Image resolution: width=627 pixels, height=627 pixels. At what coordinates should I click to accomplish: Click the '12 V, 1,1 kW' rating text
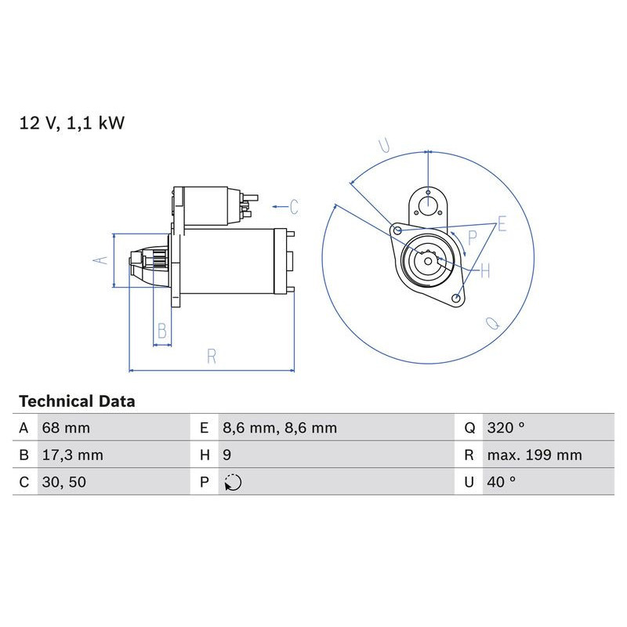(x=72, y=123)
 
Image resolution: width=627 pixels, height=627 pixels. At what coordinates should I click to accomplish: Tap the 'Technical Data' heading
(x=77, y=401)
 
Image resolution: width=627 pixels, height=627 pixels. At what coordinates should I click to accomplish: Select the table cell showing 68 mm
(x=66, y=428)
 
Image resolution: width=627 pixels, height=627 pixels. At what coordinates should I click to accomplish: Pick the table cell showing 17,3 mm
(x=71, y=455)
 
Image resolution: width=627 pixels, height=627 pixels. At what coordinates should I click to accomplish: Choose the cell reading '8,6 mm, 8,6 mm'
(x=279, y=428)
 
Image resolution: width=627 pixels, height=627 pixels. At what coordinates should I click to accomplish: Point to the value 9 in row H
(x=227, y=455)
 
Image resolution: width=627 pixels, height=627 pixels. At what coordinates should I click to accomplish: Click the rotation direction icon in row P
(x=233, y=483)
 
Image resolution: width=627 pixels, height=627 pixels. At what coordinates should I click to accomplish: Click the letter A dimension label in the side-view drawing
(x=100, y=260)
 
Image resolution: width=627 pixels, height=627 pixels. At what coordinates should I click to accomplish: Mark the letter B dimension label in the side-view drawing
(x=162, y=331)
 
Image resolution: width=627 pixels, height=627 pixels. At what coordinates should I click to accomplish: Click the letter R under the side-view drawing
(x=212, y=356)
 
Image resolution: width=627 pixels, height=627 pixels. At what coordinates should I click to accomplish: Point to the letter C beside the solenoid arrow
(x=294, y=207)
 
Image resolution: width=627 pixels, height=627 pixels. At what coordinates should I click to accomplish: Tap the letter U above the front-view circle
(x=384, y=145)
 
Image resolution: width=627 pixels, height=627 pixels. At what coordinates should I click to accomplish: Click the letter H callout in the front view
(x=484, y=271)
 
